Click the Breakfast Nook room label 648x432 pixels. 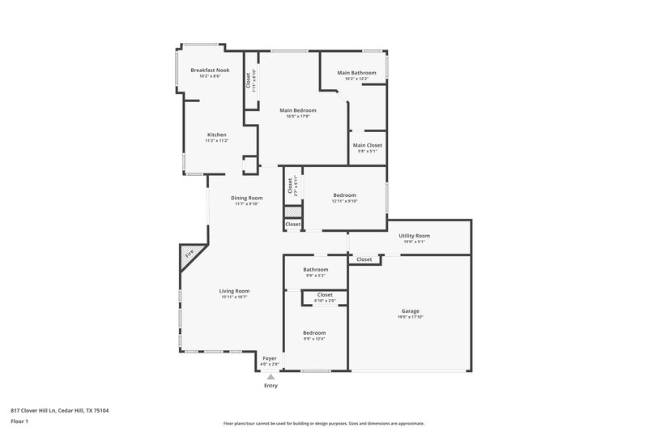pos(210,71)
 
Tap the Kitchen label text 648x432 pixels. pos(216,135)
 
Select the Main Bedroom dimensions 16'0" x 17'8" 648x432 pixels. pos(298,116)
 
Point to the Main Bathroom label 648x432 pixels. pos(360,73)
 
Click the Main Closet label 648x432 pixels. pos(368,145)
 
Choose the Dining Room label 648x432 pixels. pos(248,198)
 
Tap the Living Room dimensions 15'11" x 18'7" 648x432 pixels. pos(234,297)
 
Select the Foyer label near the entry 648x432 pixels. pos(270,358)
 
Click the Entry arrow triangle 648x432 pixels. pos(271,376)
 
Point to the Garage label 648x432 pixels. pos(411,310)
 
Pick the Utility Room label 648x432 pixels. pos(414,236)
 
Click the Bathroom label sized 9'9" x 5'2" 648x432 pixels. pos(316,269)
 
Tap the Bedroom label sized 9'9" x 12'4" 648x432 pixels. pos(314,333)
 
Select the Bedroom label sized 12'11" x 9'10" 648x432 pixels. pos(344,195)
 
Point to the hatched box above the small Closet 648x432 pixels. pos(292,212)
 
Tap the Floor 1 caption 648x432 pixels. pos(19,422)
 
